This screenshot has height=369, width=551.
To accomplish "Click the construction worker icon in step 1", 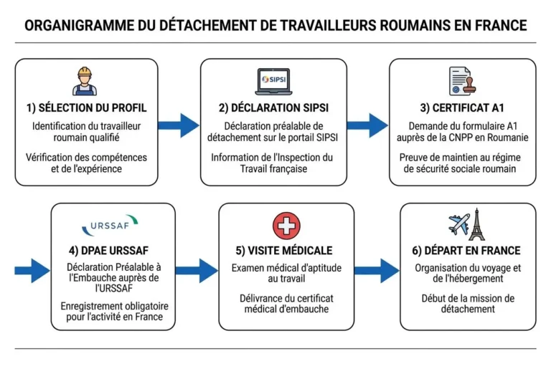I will (85, 81).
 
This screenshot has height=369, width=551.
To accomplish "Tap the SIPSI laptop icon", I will (275, 80).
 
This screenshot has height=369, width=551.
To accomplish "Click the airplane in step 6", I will (458, 224).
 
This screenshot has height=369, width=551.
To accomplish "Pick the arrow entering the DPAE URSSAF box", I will (32, 270).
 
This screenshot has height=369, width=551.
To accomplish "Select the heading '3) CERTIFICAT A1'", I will (462, 108).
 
